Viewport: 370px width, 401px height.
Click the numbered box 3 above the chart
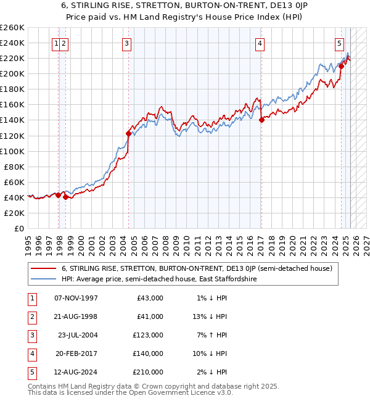tap(126, 43)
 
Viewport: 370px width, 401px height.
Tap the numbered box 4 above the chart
tap(260, 43)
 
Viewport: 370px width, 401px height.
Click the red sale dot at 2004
tap(129, 133)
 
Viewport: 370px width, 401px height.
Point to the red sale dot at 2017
tap(261, 120)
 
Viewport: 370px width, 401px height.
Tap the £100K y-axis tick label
tap(12, 151)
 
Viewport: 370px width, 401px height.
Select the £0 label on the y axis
tap(19, 228)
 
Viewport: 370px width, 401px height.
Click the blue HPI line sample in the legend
tap(44, 279)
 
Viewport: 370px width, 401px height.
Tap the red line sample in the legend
tap(44, 268)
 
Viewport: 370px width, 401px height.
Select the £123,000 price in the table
tap(149, 335)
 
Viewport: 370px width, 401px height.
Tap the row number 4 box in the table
tap(31, 353)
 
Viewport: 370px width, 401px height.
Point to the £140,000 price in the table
tap(149, 353)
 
